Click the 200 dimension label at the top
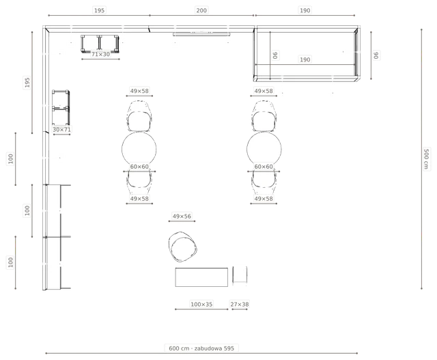201,11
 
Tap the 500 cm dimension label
426,158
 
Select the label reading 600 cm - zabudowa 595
201,348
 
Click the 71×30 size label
100,54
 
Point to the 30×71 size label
61,130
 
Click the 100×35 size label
201,304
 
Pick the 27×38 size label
240,304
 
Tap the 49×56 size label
182,216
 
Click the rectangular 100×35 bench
201,277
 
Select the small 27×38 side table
240,275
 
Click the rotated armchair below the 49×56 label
182,247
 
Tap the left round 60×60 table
139,149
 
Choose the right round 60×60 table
264,149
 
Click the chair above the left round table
139,116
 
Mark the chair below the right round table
264,182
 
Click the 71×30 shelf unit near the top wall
100,44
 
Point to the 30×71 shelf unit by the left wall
61,107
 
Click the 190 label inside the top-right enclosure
305,59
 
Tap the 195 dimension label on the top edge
99,11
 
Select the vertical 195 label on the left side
27,82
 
